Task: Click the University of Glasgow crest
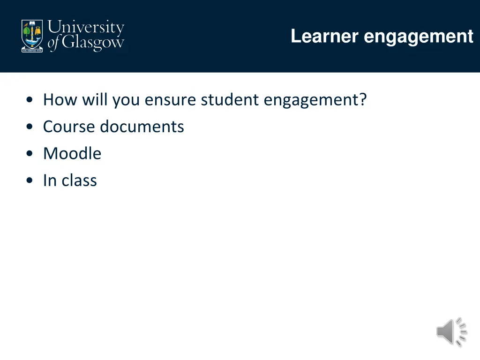click(32, 36)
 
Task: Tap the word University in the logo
click(86, 28)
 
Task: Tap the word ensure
click(172, 100)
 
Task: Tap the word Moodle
click(72, 154)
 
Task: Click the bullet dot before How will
click(30, 100)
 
